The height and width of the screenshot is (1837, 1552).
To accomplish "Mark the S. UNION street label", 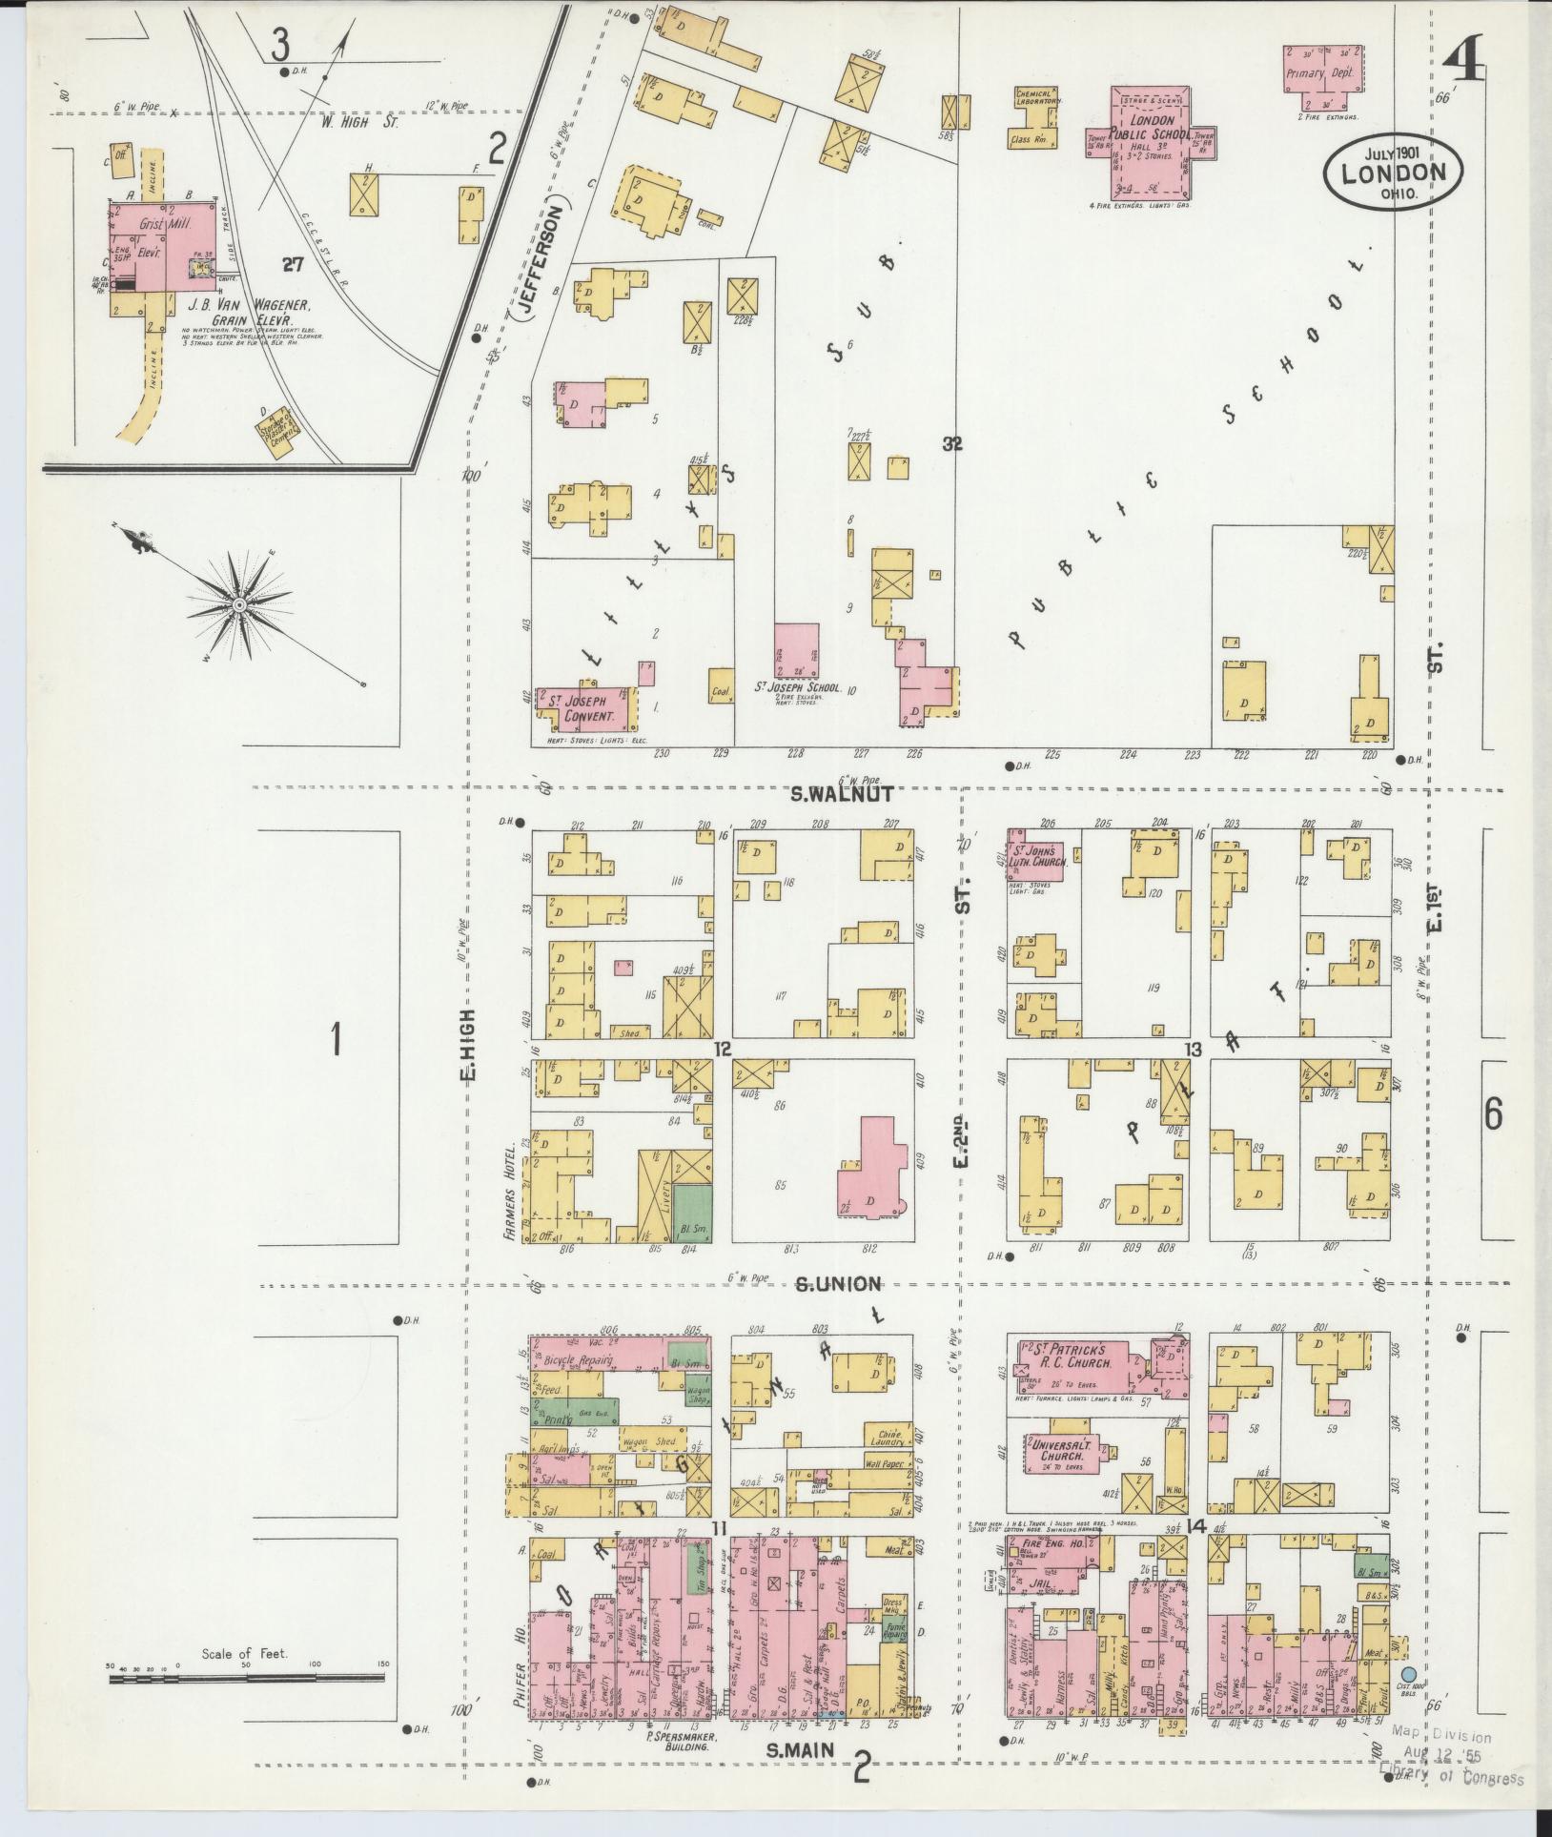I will click(839, 1284).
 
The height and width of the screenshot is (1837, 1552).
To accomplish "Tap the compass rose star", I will click(237, 605).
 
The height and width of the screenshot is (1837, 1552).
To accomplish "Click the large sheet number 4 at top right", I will click(1461, 64).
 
